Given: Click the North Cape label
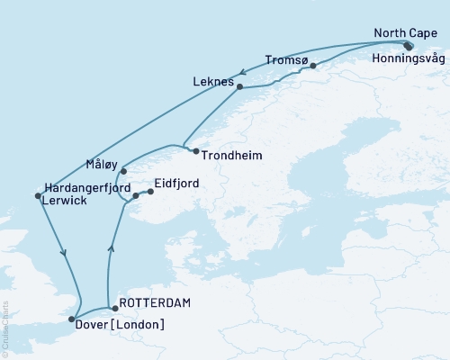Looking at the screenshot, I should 403,34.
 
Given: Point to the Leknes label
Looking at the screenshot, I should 212,80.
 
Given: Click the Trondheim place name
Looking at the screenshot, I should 231,156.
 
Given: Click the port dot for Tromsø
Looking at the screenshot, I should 312,66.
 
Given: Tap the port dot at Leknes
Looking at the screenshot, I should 239,86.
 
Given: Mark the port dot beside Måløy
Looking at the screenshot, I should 123,170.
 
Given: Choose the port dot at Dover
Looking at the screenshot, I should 72,319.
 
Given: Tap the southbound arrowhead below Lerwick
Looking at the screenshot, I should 63,253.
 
